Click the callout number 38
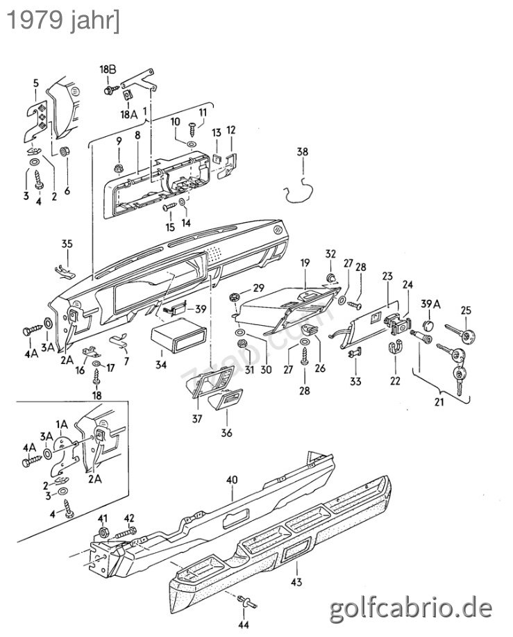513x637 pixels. coord(302,152)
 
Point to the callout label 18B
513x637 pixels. coord(108,68)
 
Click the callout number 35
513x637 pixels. coord(67,244)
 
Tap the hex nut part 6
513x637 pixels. coord(65,151)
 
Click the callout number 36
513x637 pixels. coord(226,433)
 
